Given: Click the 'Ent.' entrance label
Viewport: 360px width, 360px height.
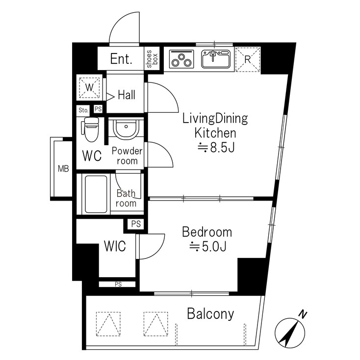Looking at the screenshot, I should click(x=121, y=59).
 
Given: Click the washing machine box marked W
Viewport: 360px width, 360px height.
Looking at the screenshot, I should click(x=89, y=88).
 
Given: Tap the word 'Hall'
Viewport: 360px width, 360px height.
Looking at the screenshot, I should click(x=127, y=95).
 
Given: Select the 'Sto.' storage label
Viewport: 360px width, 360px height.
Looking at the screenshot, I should click(x=83, y=110).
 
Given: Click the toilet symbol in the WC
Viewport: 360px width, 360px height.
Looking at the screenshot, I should click(x=91, y=129).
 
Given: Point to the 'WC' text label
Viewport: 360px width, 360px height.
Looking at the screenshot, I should click(x=92, y=156).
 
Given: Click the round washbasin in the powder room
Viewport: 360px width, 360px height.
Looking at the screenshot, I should click(x=126, y=130).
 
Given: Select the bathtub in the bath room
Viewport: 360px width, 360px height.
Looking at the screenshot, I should click(x=97, y=192).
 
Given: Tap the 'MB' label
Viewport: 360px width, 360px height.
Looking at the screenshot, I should click(x=63, y=169).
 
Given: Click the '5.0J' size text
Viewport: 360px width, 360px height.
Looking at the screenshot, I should click(x=207, y=247).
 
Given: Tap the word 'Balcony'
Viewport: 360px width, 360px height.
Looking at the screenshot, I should click(x=210, y=314).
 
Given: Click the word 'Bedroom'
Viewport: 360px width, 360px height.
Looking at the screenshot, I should click(x=207, y=232).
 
